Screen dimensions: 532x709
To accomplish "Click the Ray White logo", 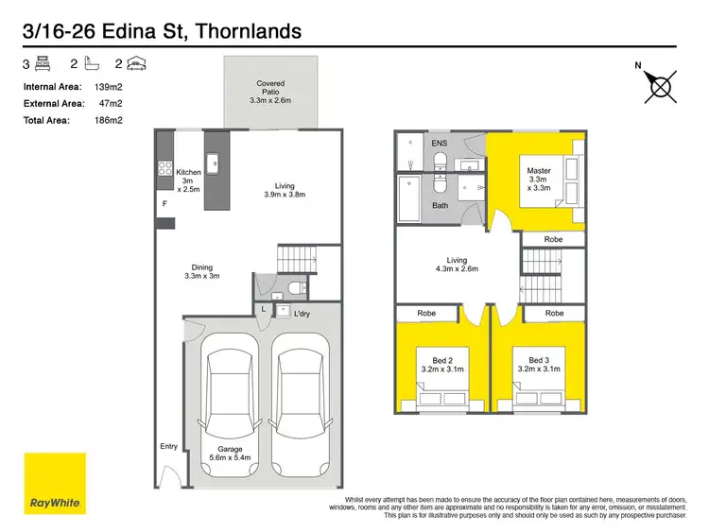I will tap(55, 484).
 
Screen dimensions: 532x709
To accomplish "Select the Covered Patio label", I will tap(270, 92).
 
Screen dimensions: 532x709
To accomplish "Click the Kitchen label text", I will tap(188, 172).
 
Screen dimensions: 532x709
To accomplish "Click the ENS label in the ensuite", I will tap(439, 143).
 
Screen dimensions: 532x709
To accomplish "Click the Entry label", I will tap(168, 447).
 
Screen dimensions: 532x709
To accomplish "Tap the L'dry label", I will tap(303, 312).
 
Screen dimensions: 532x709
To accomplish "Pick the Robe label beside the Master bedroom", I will tap(554, 240).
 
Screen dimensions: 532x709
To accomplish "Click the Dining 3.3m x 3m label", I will tap(202, 271).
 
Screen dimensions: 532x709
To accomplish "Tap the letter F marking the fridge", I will tap(164, 203).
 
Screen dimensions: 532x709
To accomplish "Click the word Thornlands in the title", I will tap(247, 31).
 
